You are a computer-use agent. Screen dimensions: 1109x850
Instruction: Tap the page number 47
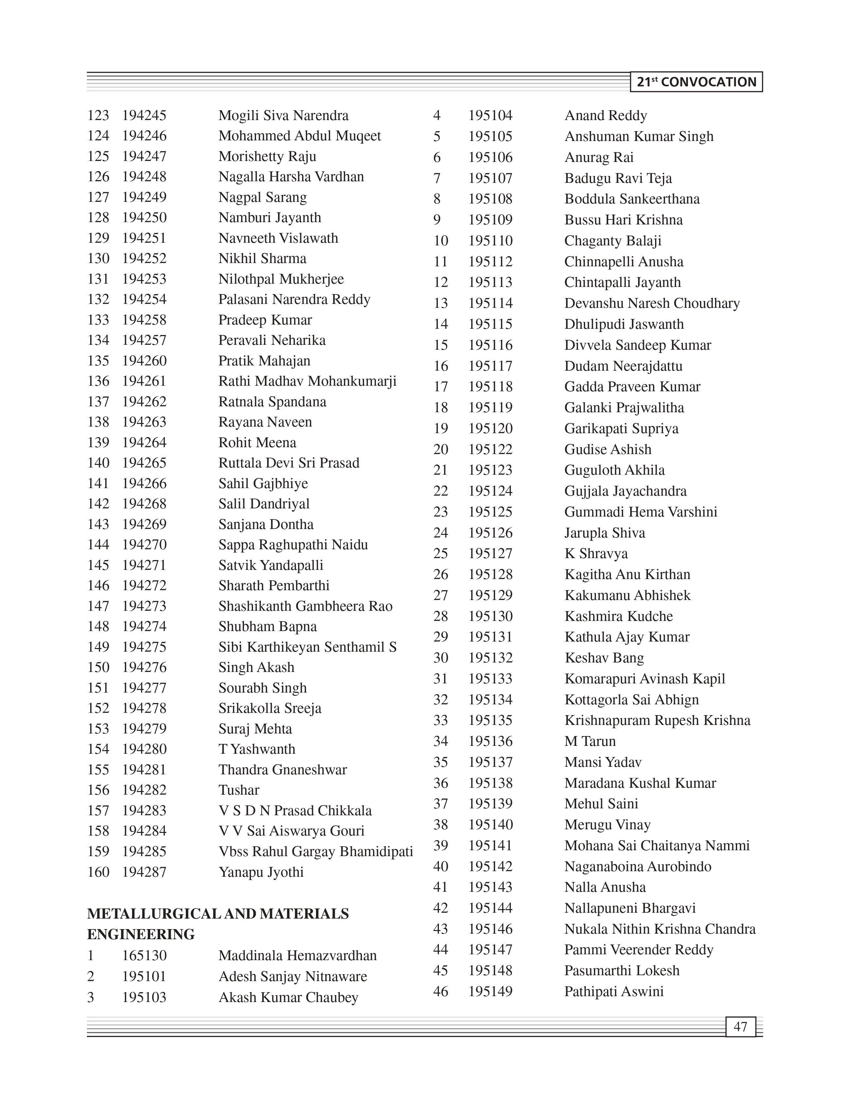point(740,1027)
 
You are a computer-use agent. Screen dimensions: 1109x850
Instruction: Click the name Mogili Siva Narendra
point(283,115)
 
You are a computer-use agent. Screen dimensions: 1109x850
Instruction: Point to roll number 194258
point(144,320)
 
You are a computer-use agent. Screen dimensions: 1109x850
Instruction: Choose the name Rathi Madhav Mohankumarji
point(307,381)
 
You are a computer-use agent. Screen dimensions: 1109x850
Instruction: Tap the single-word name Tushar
point(239,790)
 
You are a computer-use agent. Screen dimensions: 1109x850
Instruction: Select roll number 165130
point(144,956)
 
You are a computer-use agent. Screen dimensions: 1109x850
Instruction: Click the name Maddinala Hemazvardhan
point(298,956)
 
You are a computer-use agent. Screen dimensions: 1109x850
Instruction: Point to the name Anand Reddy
point(606,116)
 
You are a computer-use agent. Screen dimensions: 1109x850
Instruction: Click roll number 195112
point(490,262)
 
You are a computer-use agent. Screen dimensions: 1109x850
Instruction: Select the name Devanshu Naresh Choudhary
point(652,303)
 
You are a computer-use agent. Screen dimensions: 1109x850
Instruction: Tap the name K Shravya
point(596,554)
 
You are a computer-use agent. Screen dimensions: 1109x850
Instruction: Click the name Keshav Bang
point(604,658)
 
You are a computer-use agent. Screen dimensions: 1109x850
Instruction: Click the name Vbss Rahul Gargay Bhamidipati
point(316,851)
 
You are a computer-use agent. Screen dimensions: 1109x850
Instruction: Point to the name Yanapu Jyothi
point(261,872)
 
